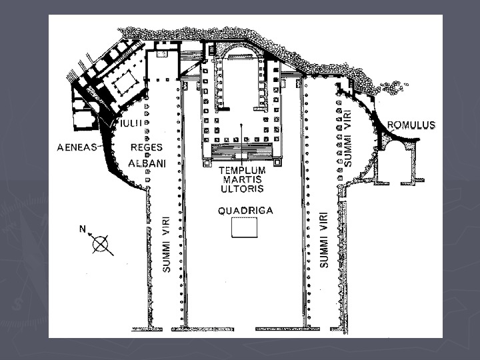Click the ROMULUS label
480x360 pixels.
411,125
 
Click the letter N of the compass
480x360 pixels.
83,229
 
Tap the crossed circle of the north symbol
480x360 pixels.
101,245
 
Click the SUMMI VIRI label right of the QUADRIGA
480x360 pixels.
324,239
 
